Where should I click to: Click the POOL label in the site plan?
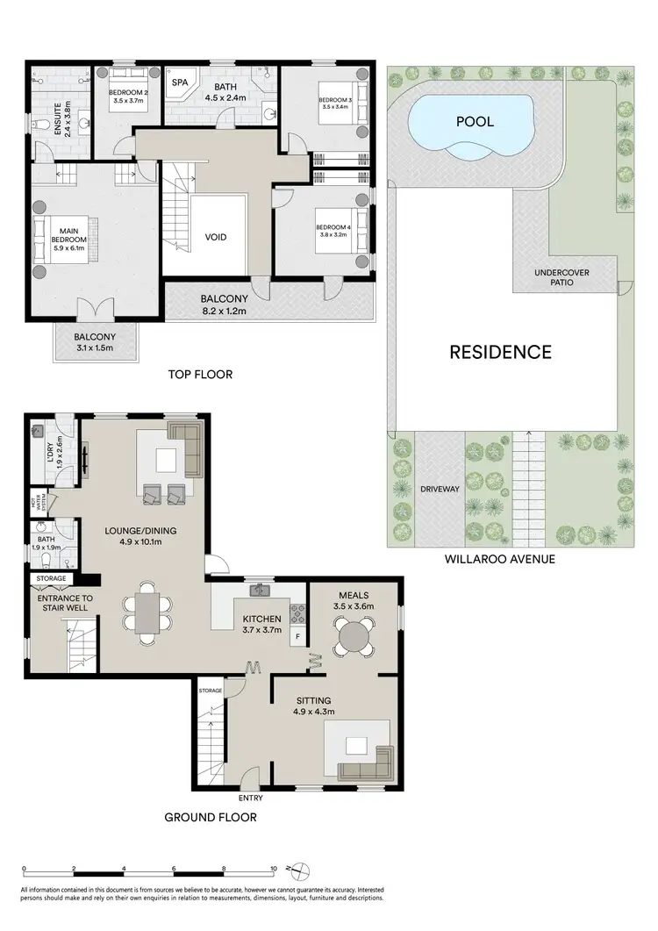pos(474,121)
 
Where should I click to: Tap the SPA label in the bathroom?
pos(181,82)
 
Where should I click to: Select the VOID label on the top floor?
pos(217,238)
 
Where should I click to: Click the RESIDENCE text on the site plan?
pos(500,352)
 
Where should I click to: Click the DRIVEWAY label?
pos(440,489)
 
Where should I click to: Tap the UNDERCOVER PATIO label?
pos(561,278)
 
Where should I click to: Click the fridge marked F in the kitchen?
pos(297,635)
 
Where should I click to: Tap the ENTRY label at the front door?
pos(250,798)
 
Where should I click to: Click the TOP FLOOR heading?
pos(200,375)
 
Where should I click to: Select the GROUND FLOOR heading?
pos(211,817)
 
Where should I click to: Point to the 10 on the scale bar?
pos(274,869)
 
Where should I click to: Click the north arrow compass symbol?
pos(300,870)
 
